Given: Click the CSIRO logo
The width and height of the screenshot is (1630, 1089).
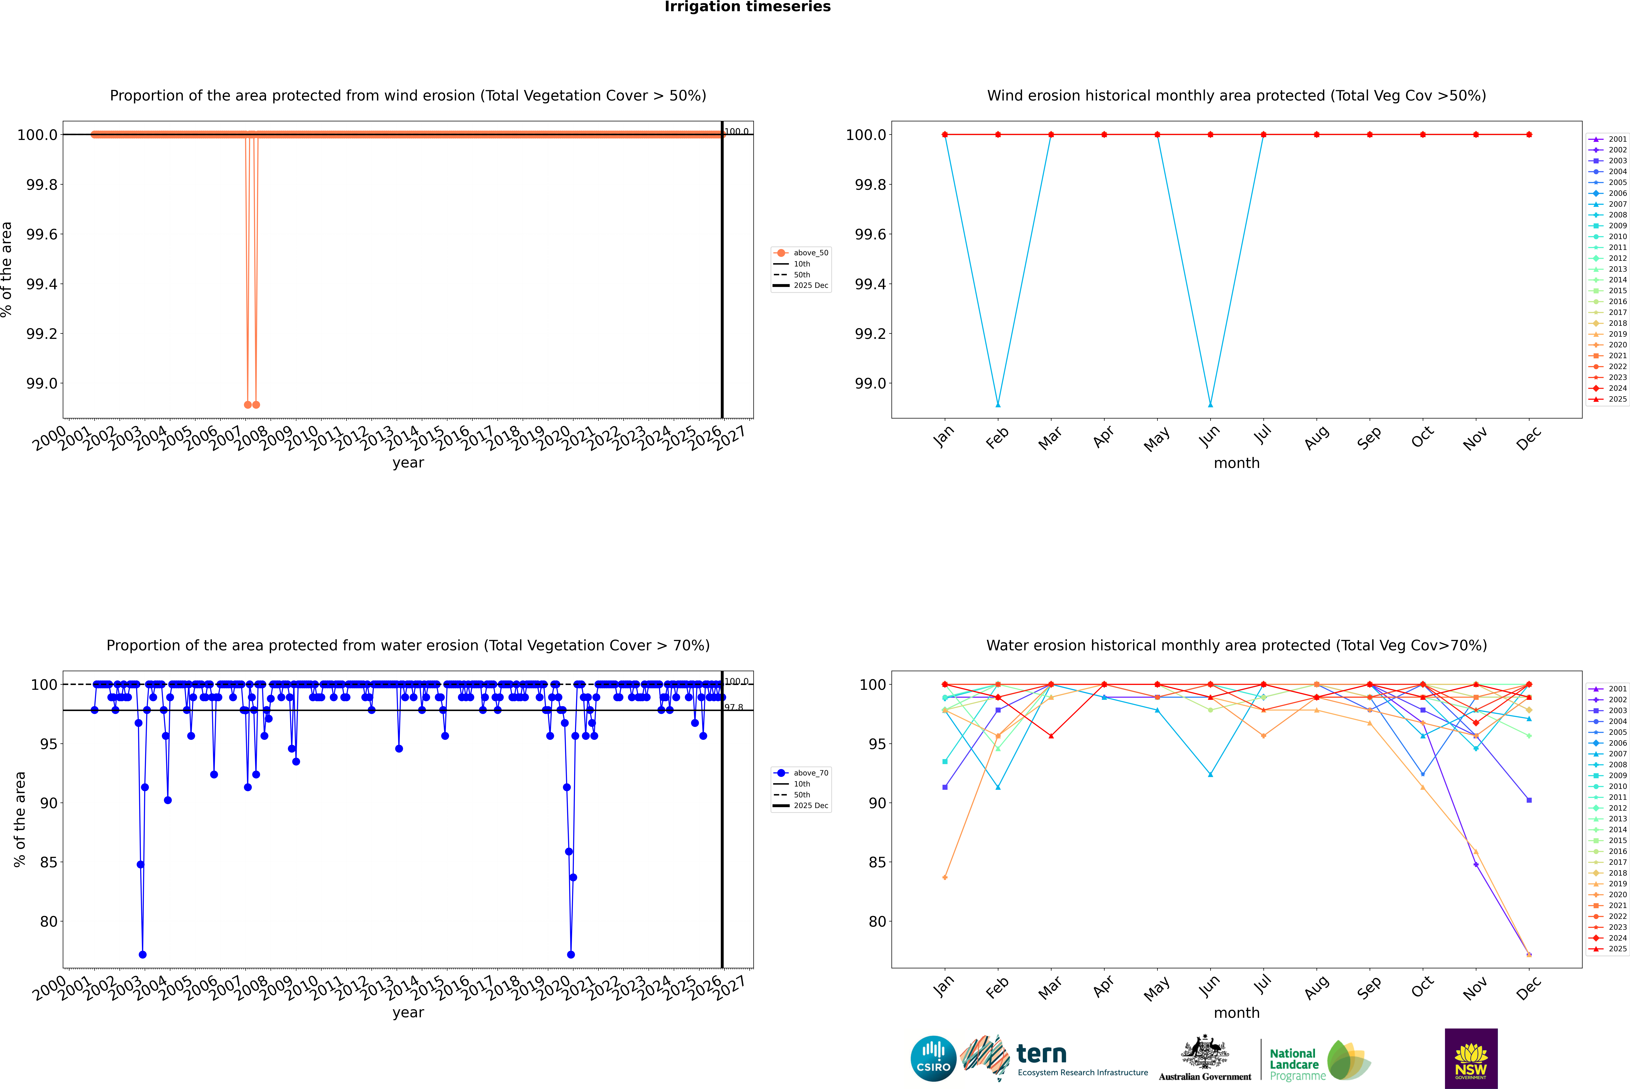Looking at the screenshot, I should (x=933, y=1058).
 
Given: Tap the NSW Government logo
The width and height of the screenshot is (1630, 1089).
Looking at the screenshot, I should (x=1471, y=1058).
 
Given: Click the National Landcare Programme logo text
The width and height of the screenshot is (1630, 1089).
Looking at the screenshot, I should (x=1294, y=1064).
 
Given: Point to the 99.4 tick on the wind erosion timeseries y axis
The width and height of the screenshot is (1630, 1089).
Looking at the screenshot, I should (x=42, y=284).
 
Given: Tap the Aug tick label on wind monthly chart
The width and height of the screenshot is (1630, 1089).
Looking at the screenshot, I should (x=1316, y=437).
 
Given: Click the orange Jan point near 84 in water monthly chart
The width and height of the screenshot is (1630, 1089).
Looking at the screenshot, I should (x=945, y=877).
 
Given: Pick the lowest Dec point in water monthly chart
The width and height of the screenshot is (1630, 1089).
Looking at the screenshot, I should (x=1529, y=955).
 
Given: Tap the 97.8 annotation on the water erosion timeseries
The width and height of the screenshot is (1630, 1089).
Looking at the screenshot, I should (x=734, y=708).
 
